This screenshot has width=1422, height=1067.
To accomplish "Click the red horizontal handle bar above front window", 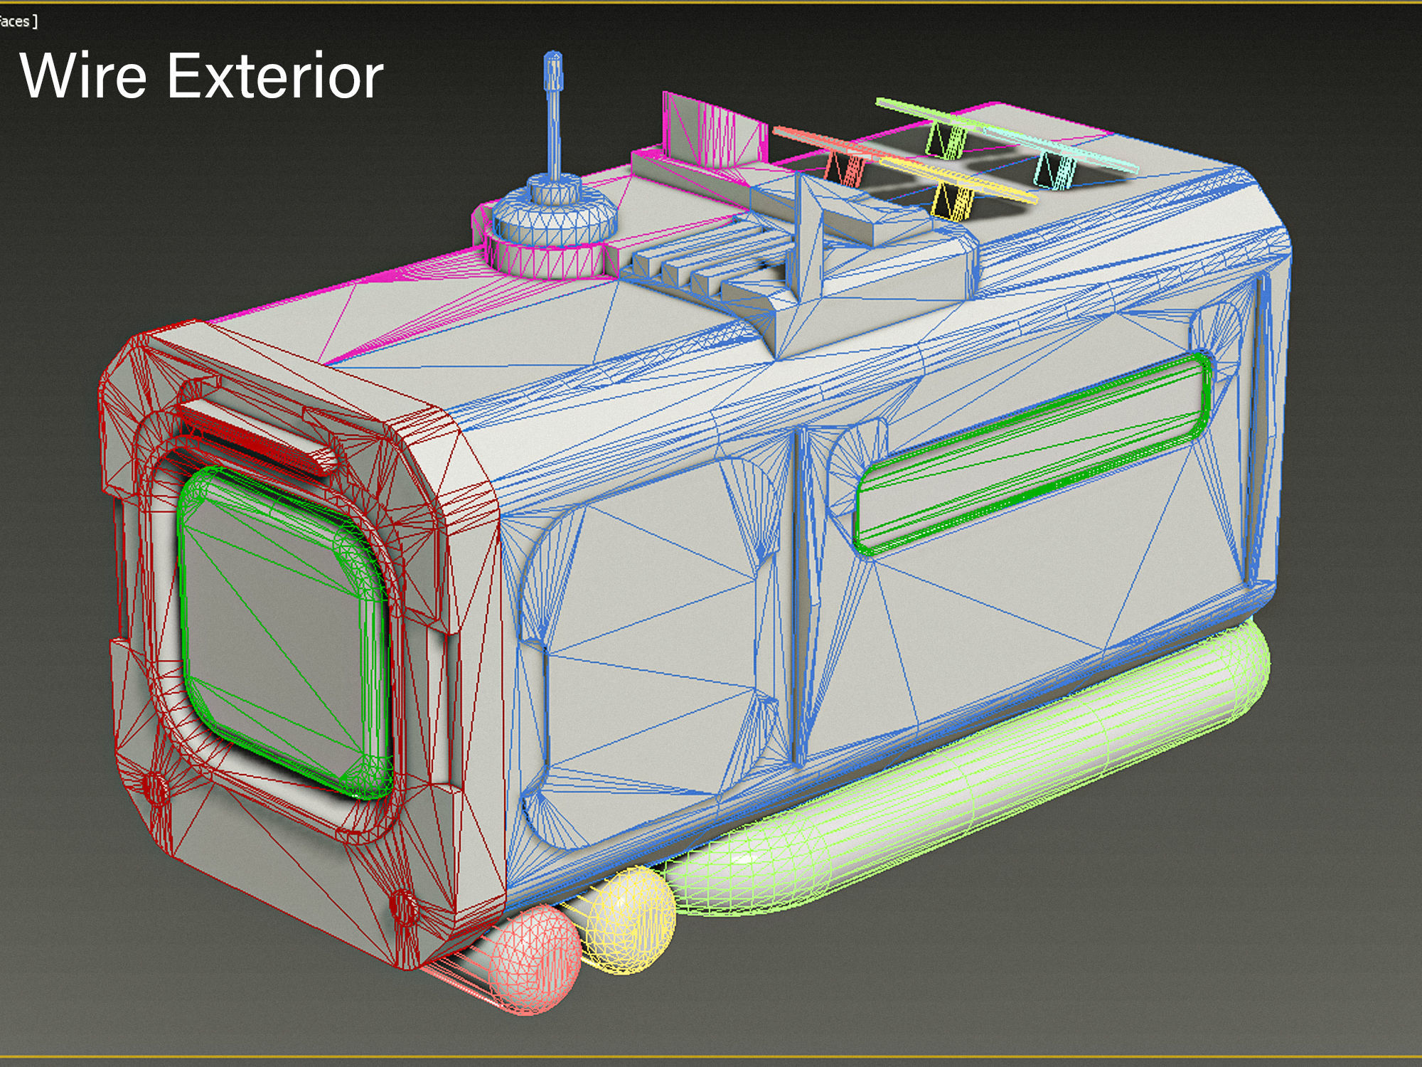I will [x=260, y=434].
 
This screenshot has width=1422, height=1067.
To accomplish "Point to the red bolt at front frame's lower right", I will [x=404, y=907].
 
